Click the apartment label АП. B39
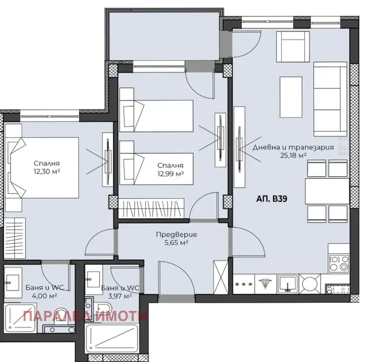tap(272, 198)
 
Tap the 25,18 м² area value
tap(293, 155)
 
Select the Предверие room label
tap(176, 235)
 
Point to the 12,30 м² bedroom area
tap(47, 171)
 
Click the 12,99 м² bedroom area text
tap(171, 174)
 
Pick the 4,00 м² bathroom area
tap(44, 296)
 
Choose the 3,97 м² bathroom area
tap(120, 296)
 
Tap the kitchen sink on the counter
tap(288, 284)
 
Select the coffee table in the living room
tap(291, 97)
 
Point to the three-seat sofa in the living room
tap(330, 99)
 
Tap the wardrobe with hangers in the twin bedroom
tap(151, 208)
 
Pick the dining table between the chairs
tap(327, 191)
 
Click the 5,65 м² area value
tap(176, 243)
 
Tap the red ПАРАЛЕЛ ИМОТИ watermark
tap(85, 316)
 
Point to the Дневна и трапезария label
tap(293, 147)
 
